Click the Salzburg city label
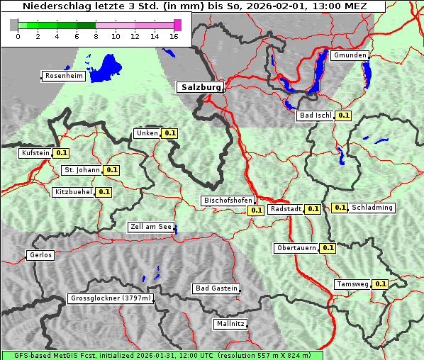[x=200, y=87]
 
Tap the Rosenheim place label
[x=64, y=76]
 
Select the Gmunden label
[x=350, y=55]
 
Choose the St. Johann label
[x=82, y=170]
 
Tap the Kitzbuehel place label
[x=73, y=192]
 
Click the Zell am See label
[x=151, y=227]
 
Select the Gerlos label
[x=40, y=255]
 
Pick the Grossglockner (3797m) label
[x=111, y=298]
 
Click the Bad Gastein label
[x=216, y=288]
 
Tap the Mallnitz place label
[x=230, y=324]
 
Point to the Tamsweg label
[x=352, y=284]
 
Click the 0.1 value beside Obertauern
[x=328, y=248]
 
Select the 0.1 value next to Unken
[x=170, y=133]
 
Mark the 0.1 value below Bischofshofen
[x=256, y=210]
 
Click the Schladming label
[x=372, y=208]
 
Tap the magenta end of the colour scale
[x=177, y=25]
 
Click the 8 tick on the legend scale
[x=96, y=36]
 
